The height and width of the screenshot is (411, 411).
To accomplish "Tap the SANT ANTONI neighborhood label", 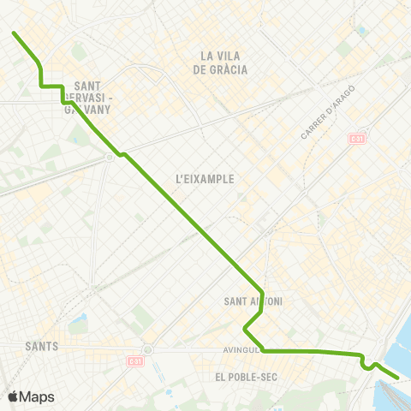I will [253, 301].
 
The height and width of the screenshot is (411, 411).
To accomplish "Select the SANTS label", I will [42, 347].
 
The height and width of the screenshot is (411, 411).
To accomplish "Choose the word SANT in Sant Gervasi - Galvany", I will [88, 86].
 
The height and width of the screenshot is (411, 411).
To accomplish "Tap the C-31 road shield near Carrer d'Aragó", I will [355, 138].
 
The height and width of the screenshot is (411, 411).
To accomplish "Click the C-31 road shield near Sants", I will [134, 361].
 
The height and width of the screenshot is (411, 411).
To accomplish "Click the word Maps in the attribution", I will [37, 396].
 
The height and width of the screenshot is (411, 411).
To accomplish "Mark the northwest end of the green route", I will [14, 33].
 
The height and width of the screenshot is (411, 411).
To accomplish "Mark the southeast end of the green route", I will [397, 376].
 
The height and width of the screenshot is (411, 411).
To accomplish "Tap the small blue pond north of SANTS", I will [78, 325].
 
